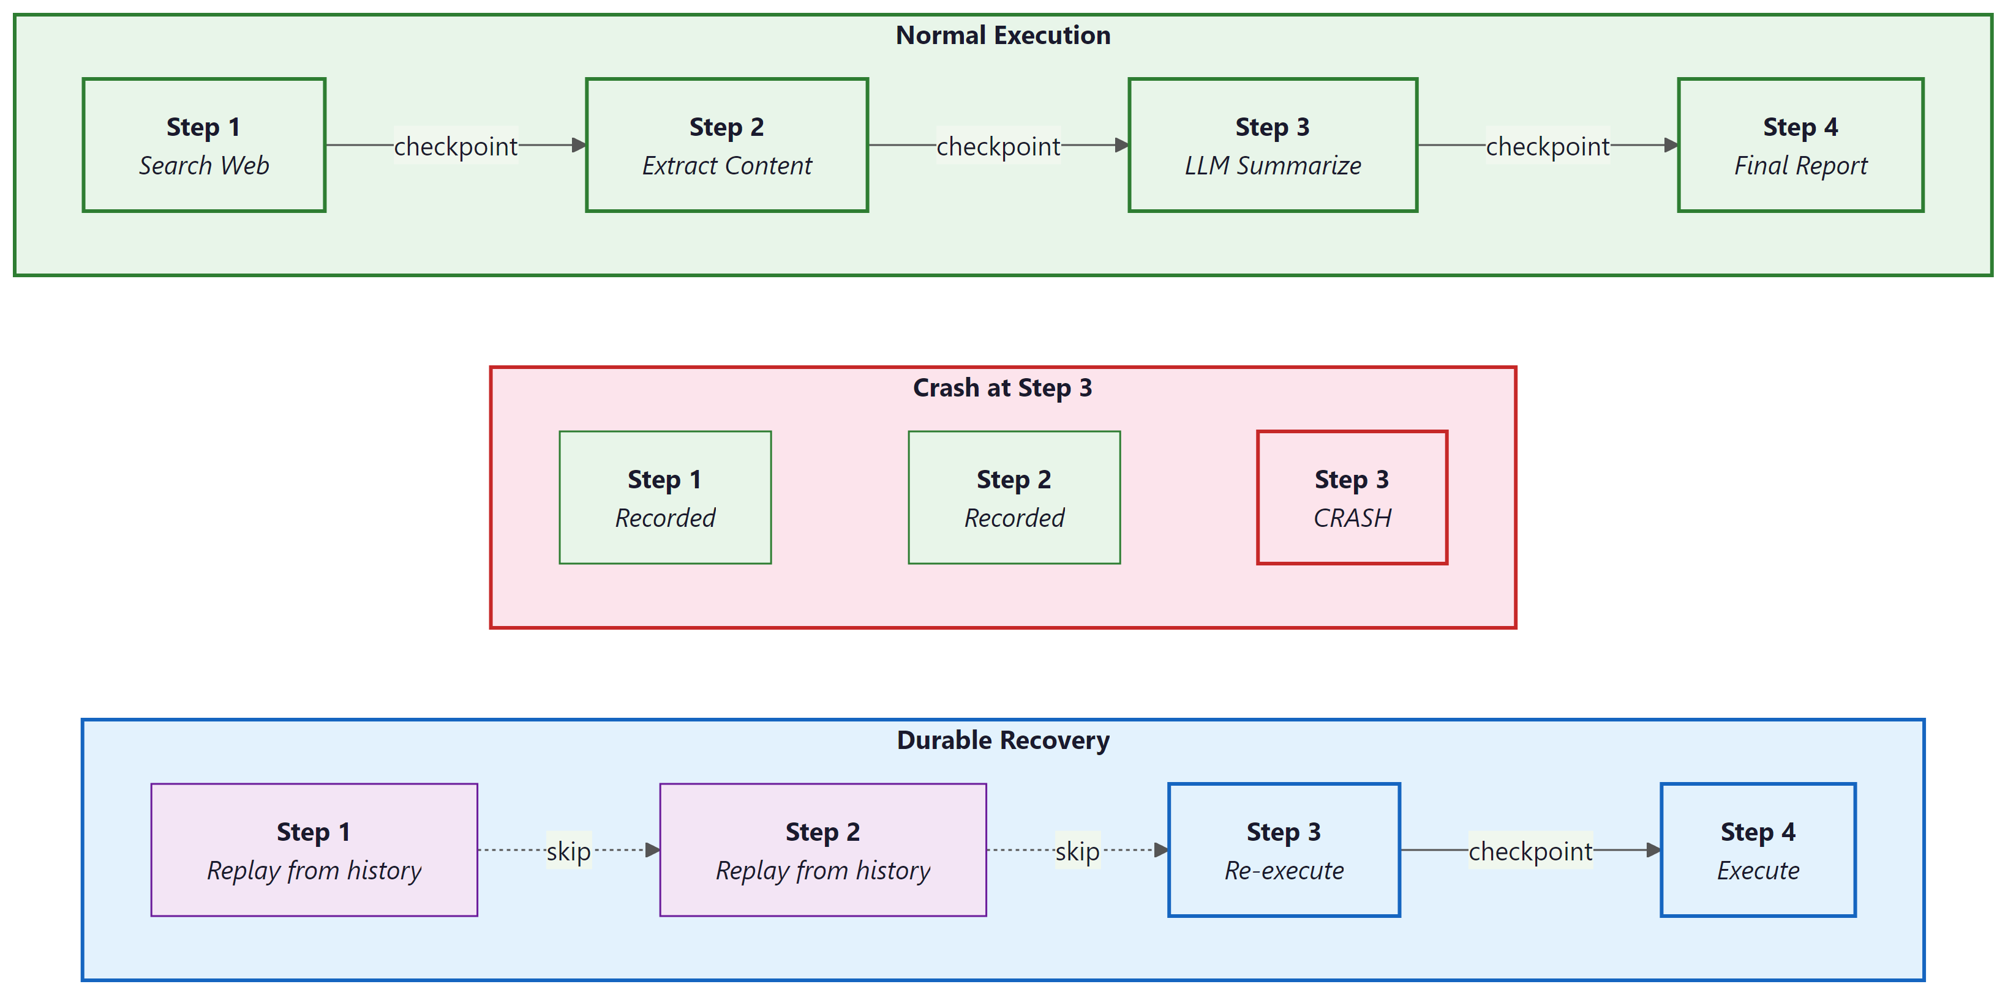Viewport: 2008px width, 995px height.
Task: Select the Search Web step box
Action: click(203, 145)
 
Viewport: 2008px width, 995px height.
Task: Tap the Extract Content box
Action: click(726, 145)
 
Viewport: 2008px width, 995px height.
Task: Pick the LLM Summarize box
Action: click(1272, 145)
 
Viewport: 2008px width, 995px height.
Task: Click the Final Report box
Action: click(1800, 145)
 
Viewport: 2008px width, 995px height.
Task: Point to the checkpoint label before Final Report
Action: click(1547, 146)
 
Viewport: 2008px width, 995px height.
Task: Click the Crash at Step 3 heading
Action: click(1002, 388)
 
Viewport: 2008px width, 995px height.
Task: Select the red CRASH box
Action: click(1352, 497)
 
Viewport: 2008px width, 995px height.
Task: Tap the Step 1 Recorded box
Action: click(665, 497)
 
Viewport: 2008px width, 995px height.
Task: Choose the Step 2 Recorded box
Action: click(1013, 497)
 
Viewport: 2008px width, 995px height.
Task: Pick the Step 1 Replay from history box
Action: click(314, 849)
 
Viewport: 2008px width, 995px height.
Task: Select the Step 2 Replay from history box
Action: click(822, 849)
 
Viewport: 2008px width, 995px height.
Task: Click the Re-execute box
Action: click(1283, 849)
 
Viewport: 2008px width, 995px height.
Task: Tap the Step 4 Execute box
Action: click(1758, 849)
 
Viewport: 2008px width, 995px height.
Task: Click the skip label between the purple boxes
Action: click(568, 851)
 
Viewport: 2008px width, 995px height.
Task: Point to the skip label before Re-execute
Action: click(1077, 851)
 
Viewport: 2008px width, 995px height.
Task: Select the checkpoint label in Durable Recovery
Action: click(1530, 851)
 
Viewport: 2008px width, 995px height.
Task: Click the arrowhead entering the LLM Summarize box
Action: click(1122, 145)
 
